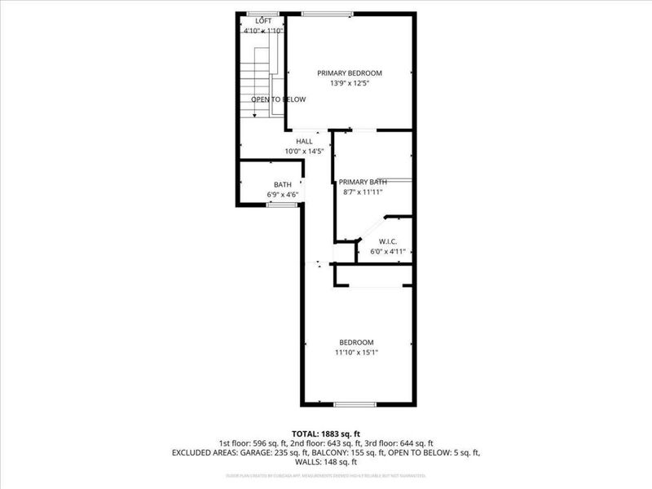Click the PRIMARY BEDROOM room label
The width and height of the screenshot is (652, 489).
[349, 73]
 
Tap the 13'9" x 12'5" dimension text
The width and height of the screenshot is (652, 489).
[349, 83]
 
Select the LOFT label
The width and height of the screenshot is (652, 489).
[263, 20]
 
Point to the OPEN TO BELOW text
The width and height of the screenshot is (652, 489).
[278, 99]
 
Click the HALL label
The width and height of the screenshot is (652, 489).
[304, 141]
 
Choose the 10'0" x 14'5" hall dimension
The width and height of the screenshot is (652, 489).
[304, 152]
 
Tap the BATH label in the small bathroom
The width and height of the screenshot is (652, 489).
[282, 184]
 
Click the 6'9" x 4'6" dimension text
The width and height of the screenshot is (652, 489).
[282, 195]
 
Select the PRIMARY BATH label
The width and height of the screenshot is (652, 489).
[363, 182]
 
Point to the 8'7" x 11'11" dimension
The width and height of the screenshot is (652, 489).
[363, 192]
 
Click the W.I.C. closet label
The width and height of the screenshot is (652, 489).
[388, 241]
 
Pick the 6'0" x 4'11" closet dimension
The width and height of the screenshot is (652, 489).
[388, 251]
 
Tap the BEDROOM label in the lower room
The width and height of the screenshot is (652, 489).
[356, 341]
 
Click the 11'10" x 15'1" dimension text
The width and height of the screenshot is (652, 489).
[356, 352]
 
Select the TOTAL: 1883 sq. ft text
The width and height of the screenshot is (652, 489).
[326, 433]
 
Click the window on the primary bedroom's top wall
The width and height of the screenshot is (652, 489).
[327, 13]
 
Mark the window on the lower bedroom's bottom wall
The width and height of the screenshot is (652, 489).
[355, 404]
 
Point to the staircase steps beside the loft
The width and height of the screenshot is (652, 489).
[259, 81]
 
